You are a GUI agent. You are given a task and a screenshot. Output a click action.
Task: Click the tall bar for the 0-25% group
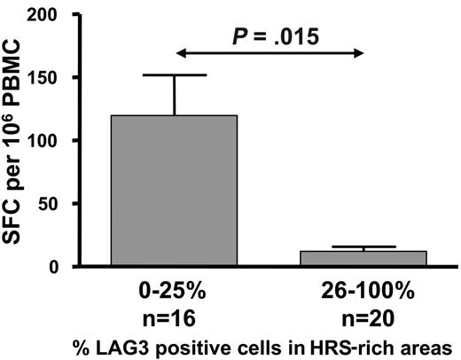tap(174, 190)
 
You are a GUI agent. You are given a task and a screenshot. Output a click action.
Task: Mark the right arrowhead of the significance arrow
tap(360, 52)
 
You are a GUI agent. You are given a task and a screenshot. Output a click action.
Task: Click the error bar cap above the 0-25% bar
tap(174, 75)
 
